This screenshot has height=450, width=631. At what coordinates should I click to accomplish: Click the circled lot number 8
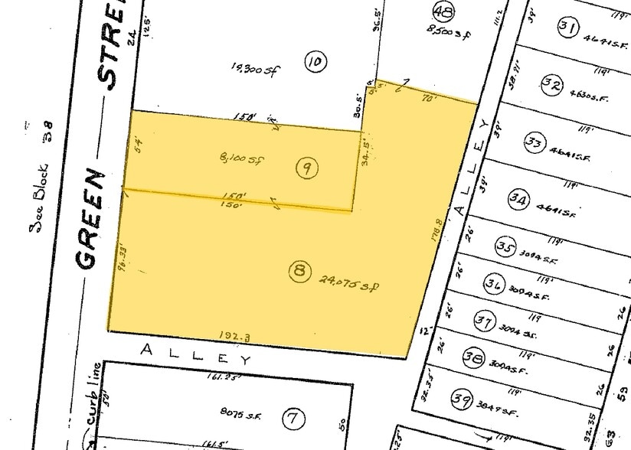click(300, 269)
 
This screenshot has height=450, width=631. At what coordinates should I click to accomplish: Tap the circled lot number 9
click(306, 169)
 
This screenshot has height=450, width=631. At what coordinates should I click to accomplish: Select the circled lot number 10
click(312, 60)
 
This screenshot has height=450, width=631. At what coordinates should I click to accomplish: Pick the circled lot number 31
click(567, 28)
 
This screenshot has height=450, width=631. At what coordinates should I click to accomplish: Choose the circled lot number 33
click(535, 142)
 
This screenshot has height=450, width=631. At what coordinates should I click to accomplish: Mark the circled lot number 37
click(482, 321)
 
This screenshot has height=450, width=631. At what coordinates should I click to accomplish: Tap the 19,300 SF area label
click(253, 70)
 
